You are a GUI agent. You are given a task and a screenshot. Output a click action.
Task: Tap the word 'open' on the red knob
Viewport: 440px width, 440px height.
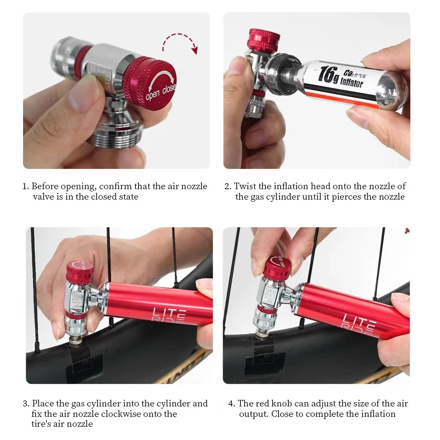tap(153, 94)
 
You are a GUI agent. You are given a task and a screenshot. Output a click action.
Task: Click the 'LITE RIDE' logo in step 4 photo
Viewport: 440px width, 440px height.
tap(359, 323)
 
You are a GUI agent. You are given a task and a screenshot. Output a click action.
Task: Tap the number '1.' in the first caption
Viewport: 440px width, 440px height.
tap(26, 186)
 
